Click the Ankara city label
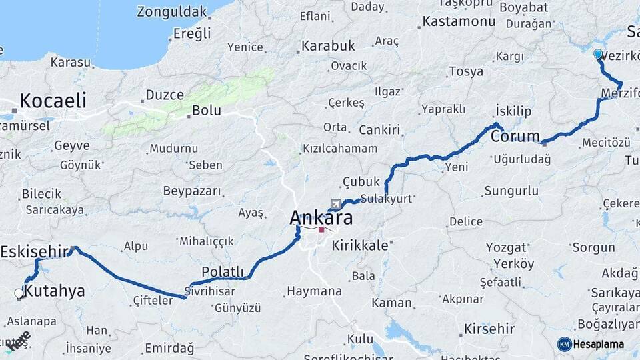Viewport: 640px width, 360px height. click(321, 217)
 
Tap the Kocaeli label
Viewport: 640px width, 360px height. click(53, 101)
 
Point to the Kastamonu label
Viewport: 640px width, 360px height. click(459, 21)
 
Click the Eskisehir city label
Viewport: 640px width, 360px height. click(35, 251)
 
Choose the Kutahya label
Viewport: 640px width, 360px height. click(54, 291)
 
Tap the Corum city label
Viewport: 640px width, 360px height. click(515, 136)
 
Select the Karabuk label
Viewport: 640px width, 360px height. click(328, 46)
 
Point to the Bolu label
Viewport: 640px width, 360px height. click(206, 110)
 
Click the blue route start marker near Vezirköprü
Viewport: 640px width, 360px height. click(598, 54)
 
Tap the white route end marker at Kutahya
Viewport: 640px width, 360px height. click(19, 292)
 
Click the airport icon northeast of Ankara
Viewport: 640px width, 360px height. click(334, 203)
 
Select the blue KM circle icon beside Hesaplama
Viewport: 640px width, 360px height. click(565, 344)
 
